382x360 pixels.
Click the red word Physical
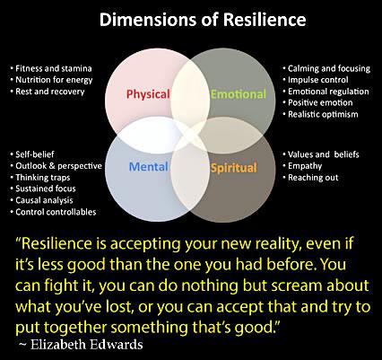148,94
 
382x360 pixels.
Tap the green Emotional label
239,94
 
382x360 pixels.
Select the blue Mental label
149,167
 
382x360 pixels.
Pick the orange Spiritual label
234,168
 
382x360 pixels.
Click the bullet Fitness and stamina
51,68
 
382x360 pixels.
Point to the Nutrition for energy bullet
51,80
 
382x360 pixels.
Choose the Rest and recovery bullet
48,92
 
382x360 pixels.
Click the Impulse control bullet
316,80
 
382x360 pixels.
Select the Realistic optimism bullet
320,114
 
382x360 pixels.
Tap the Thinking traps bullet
40,178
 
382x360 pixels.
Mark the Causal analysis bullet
41,200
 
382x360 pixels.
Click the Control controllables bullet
53,212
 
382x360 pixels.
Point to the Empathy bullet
302,166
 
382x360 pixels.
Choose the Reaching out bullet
310,178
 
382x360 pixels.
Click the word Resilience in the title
265,20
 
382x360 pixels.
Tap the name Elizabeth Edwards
87,345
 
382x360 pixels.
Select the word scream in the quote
297,285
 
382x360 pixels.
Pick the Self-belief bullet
32,154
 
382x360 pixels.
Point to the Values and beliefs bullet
321,154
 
